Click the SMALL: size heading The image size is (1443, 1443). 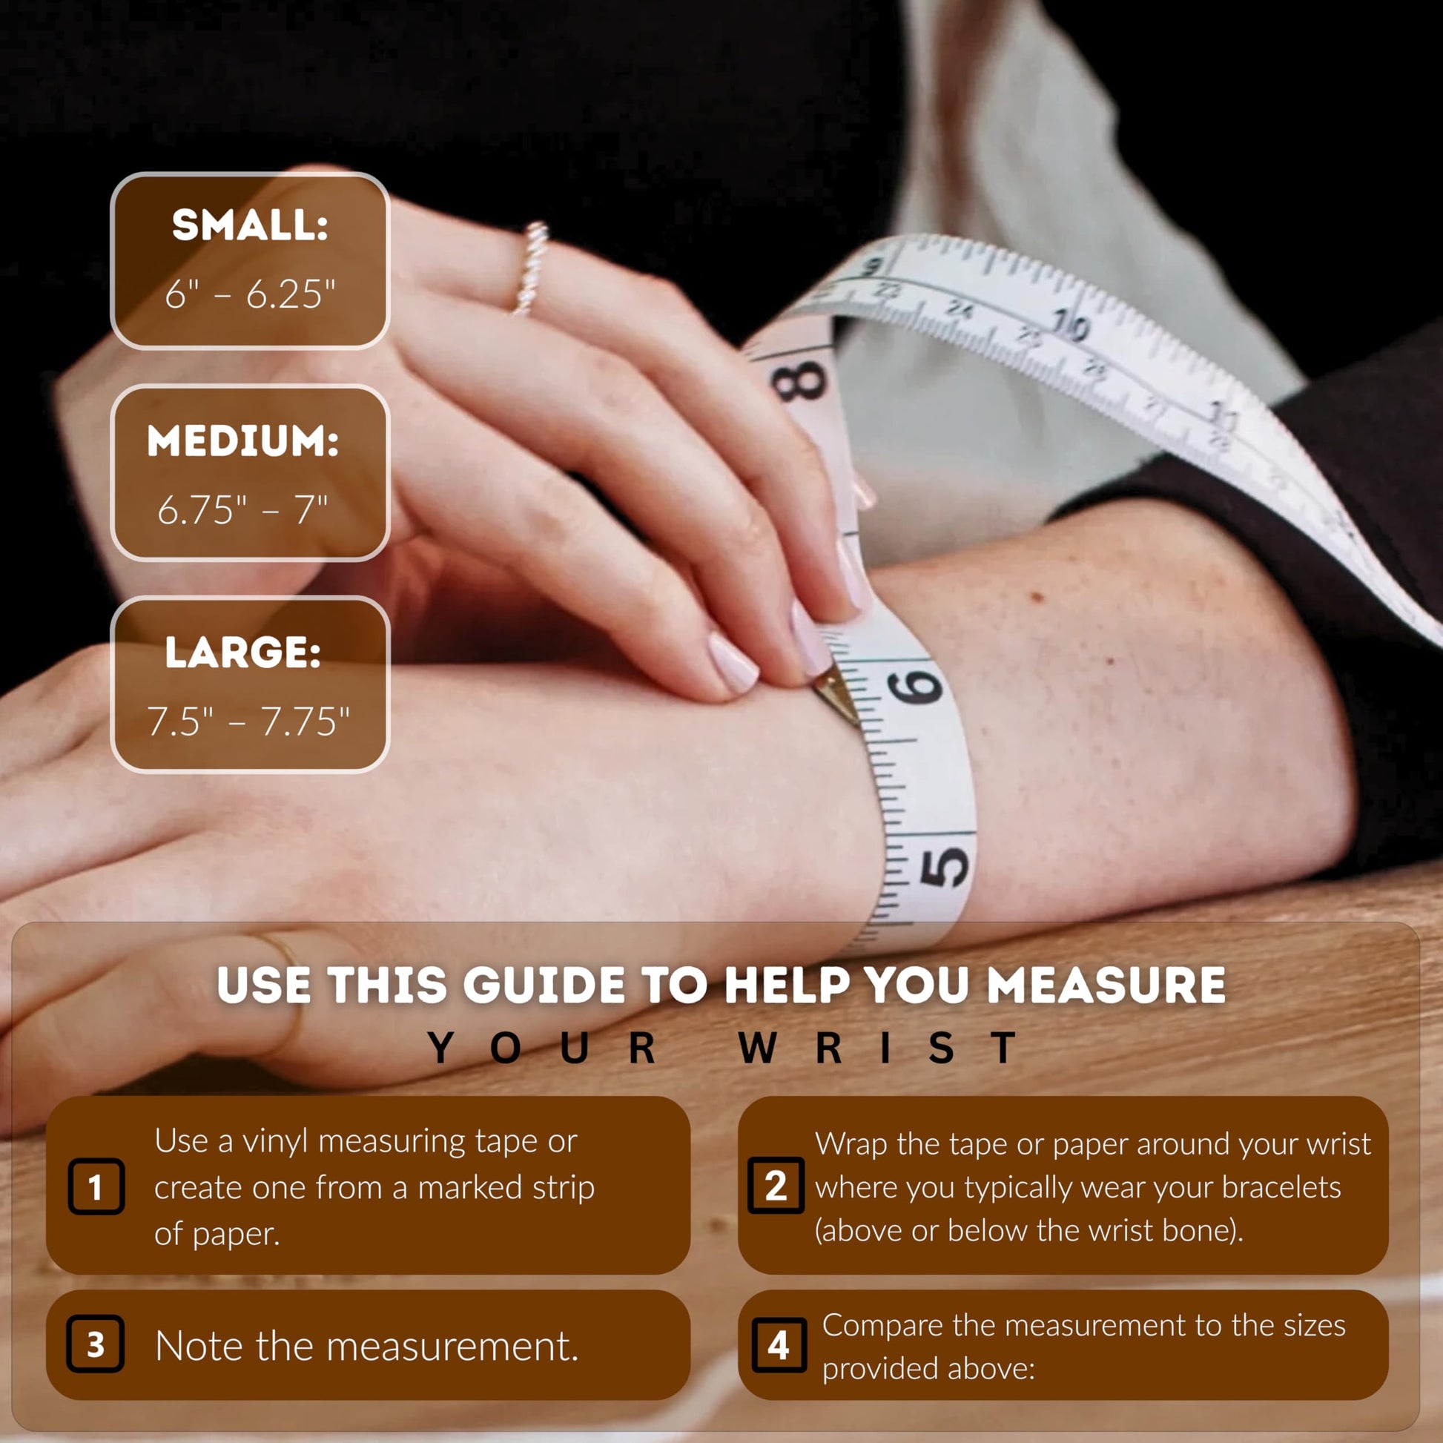point(250,225)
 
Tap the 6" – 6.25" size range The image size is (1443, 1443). point(250,294)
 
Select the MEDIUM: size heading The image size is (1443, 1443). point(243,440)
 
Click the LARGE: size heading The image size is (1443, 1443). point(243,653)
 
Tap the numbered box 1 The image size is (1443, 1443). point(96,1187)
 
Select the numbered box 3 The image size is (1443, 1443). point(96,1344)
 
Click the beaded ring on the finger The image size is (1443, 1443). point(531,268)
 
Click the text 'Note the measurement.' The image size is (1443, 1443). point(367,1346)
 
